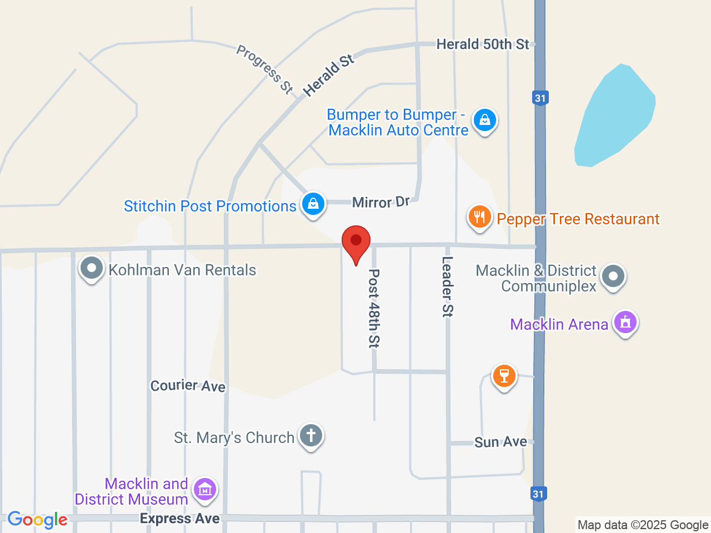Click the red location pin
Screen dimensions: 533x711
click(355, 242)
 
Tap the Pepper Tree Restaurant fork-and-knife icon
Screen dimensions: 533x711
click(479, 217)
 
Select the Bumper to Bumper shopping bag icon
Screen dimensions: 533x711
click(484, 119)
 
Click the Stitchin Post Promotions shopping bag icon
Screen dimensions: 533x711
click(313, 204)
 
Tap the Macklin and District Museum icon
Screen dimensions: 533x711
click(205, 490)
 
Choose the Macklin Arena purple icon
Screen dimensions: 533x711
click(625, 322)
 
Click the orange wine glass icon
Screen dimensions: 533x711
click(504, 376)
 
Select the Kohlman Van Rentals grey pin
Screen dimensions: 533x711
click(92, 269)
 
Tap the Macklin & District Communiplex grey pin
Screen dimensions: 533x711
click(613, 275)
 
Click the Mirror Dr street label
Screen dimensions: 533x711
click(380, 202)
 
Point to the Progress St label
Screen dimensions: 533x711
click(264, 69)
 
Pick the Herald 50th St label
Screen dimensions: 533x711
click(483, 44)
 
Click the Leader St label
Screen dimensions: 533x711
click(447, 286)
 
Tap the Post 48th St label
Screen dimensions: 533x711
click(374, 308)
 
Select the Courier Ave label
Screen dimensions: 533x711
click(188, 385)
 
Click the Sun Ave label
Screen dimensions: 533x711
click(500, 442)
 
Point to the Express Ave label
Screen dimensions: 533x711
click(179, 519)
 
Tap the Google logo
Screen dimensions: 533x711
click(37, 520)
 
